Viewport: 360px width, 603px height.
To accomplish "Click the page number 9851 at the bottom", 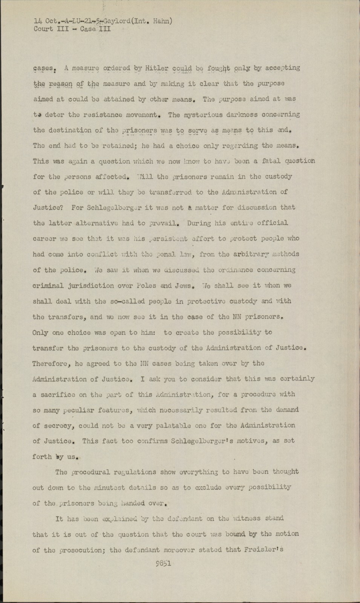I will [x=163, y=564].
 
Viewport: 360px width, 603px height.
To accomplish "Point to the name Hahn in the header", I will [x=161, y=21].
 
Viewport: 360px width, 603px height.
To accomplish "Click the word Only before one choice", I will [x=40, y=332].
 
